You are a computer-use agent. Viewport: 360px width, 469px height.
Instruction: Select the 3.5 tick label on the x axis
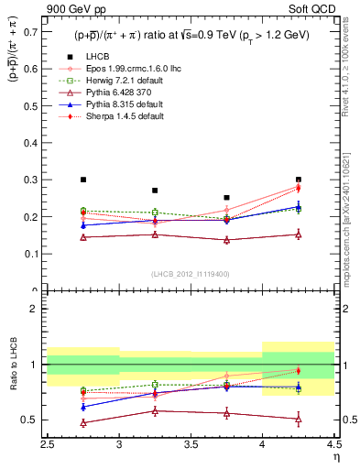(x=191, y=446)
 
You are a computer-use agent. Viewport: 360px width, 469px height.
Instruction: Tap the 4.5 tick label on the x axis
(x=333, y=446)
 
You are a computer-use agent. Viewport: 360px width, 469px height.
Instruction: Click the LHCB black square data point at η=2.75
(x=83, y=180)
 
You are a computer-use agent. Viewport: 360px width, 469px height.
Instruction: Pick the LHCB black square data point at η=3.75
(x=226, y=197)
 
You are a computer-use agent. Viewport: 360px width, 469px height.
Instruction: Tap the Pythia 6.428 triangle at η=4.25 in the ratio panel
(x=298, y=420)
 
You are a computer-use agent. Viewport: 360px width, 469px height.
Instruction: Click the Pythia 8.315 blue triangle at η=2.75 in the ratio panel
(x=83, y=407)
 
